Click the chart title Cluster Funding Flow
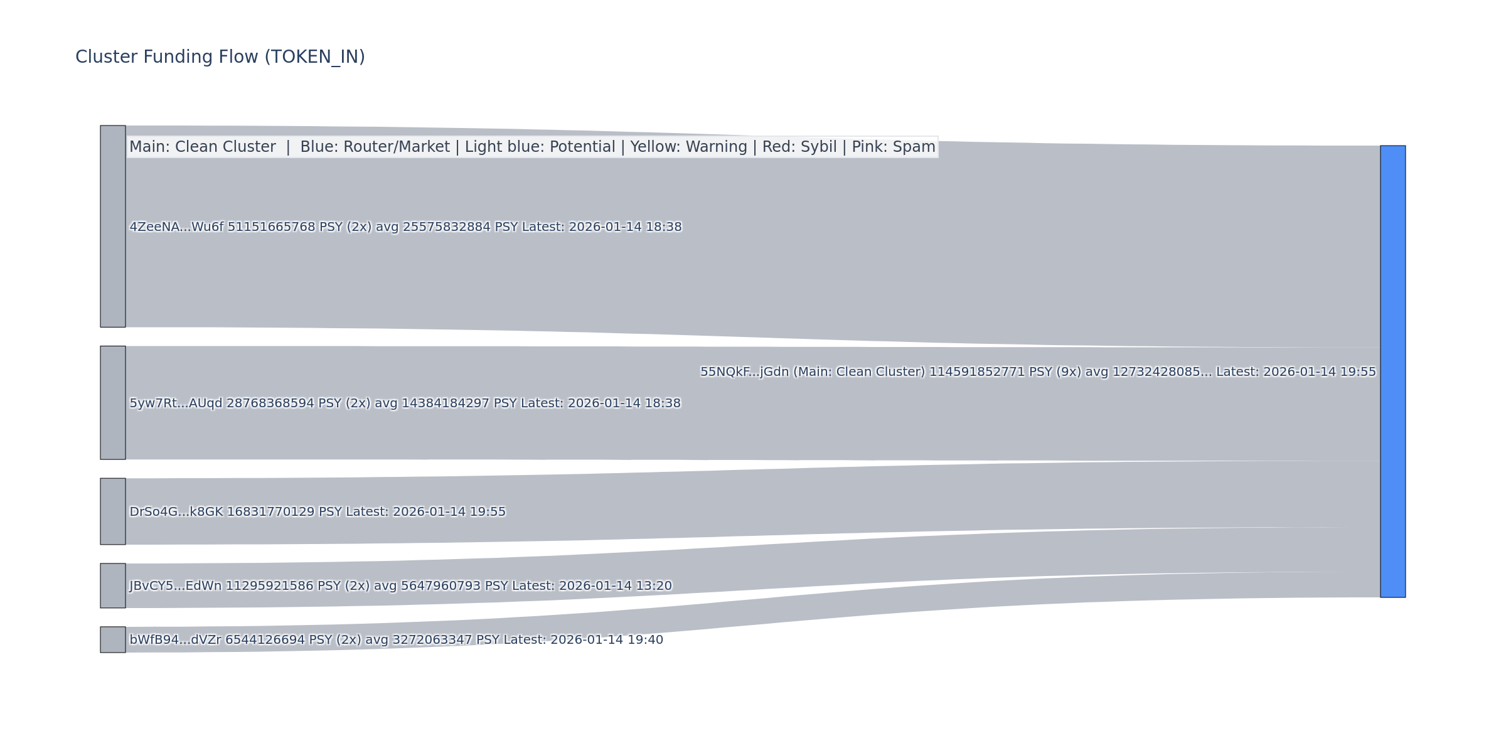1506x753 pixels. click(x=220, y=57)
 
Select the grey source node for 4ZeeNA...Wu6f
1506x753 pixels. click(x=113, y=227)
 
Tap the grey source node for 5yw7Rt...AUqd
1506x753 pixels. click(x=113, y=403)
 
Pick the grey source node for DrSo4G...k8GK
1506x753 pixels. click(x=113, y=511)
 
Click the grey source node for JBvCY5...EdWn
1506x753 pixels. click(x=113, y=585)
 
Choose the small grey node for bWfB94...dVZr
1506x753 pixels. click(x=113, y=639)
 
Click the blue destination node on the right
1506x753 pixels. click(x=1392, y=371)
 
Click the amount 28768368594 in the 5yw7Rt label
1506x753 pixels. click(x=270, y=403)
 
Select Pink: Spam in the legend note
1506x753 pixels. click(x=893, y=147)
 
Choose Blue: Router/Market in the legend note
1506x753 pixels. click(x=375, y=147)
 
